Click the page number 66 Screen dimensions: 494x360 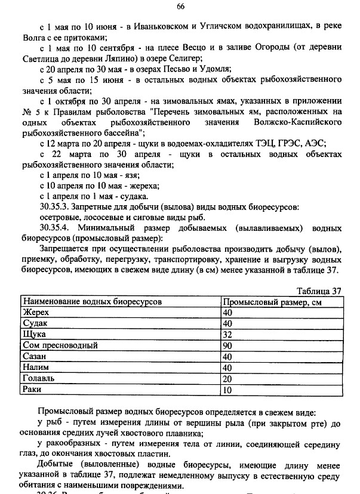180,7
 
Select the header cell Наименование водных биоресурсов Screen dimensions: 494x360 92,302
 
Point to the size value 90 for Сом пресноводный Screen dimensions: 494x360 227,345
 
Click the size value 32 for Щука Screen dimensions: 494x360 227,335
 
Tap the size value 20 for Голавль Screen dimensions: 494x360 227,379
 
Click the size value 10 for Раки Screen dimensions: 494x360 227,390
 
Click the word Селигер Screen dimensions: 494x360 185,58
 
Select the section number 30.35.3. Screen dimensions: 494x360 57,206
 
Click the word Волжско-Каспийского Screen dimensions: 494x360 297,122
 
